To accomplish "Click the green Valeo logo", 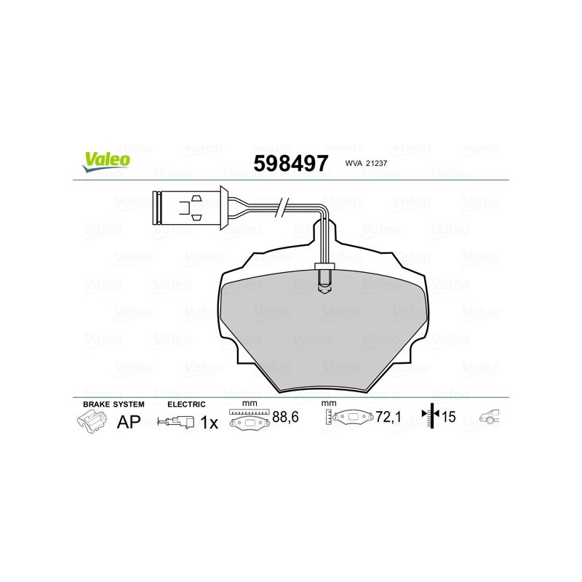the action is click(x=106, y=162).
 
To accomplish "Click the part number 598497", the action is click(x=290, y=163).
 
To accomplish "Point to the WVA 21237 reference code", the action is click(x=366, y=163).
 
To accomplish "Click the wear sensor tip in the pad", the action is click(x=324, y=279).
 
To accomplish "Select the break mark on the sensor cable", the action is click(x=282, y=208).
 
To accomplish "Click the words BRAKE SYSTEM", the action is click(x=113, y=404).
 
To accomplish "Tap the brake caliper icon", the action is click(x=92, y=421).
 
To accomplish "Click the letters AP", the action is click(x=129, y=422).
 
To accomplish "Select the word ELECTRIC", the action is click(x=186, y=404).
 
